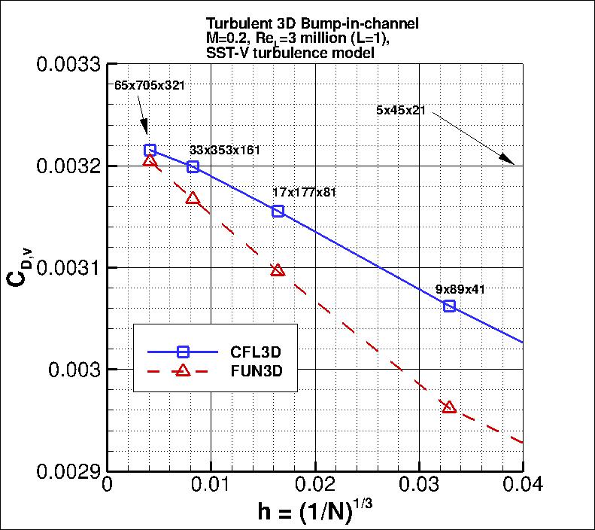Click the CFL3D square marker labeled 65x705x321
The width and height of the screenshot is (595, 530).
(x=150, y=150)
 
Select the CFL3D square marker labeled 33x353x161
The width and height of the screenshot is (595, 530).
(x=193, y=166)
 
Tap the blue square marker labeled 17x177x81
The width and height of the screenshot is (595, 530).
(x=278, y=211)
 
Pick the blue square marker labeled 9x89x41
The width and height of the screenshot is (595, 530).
(x=449, y=306)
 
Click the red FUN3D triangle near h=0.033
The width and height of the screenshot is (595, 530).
(x=449, y=407)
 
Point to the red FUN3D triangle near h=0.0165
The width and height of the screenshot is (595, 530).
(x=278, y=270)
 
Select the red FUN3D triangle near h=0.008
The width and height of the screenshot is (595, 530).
(x=193, y=198)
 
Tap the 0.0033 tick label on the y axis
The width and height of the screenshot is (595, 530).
(x=69, y=64)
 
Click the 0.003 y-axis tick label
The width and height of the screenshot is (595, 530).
(x=75, y=370)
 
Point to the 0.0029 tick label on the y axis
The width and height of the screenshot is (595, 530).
(x=69, y=472)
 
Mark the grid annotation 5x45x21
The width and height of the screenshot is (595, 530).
(x=401, y=110)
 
